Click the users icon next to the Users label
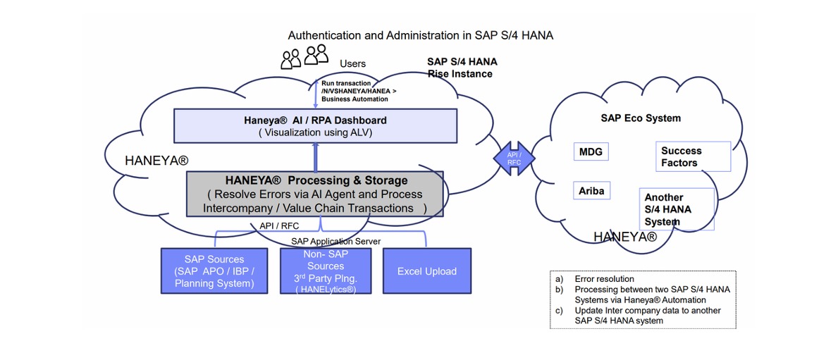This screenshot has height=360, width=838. (305, 56)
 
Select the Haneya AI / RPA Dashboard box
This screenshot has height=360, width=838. (315, 125)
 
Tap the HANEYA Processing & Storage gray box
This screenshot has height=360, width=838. (316, 193)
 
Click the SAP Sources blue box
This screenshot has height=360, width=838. (214, 271)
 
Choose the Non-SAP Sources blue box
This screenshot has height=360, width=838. (325, 271)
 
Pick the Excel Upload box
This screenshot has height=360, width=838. (426, 271)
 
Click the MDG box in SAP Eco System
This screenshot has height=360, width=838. (591, 152)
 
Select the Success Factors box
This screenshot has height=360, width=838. (691, 156)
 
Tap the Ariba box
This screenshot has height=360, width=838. (591, 191)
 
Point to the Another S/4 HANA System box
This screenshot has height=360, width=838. (676, 209)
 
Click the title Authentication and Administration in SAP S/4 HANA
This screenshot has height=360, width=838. (421, 35)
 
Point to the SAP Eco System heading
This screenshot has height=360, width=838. (641, 118)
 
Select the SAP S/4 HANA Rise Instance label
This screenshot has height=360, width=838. (461, 68)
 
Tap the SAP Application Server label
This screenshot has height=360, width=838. (335, 241)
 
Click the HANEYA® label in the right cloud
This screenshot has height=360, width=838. (624, 237)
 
